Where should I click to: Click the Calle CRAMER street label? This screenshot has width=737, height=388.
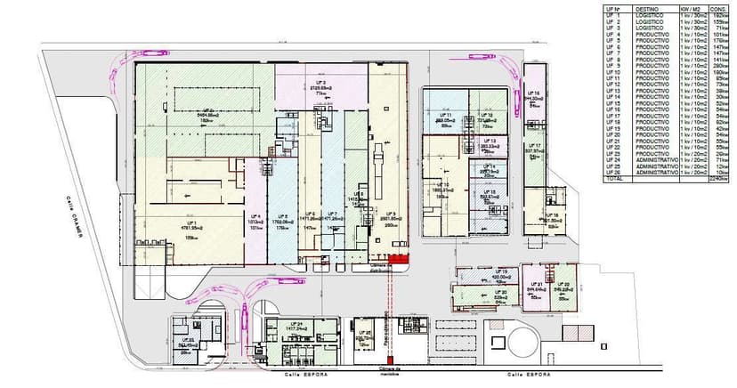pyautogui.click(x=78, y=219)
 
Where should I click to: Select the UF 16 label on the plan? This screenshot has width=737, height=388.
pyautogui.click(x=534, y=93)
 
